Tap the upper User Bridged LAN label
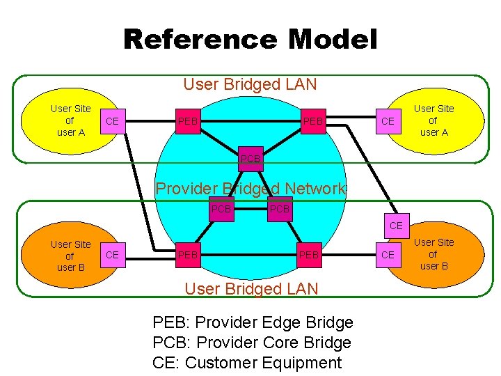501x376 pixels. (x=250, y=85)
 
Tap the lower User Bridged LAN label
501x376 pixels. (x=250, y=289)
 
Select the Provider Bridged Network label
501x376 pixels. (x=250, y=189)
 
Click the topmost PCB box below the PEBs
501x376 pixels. (x=250, y=159)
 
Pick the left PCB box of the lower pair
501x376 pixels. (x=221, y=209)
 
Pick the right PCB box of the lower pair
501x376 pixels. (x=280, y=209)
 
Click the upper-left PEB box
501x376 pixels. (x=187, y=122)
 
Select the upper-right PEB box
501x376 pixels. (x=312, y=122)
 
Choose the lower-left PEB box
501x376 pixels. (x=187, y=256)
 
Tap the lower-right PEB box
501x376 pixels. (x=308, y=256)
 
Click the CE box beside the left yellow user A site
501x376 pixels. (x=112, y=122)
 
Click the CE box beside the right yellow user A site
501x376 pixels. (x=388, y=122)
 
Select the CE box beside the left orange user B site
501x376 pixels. (x=112, y=256)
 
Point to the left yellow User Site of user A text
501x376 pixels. (x=70, y=120)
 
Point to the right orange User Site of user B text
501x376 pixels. (x=434, y=254)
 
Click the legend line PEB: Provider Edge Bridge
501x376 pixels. (x=253, y=322)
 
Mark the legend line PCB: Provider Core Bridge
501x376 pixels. (x=251, y=343)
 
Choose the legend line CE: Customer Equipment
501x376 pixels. (x=246, y=363)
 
